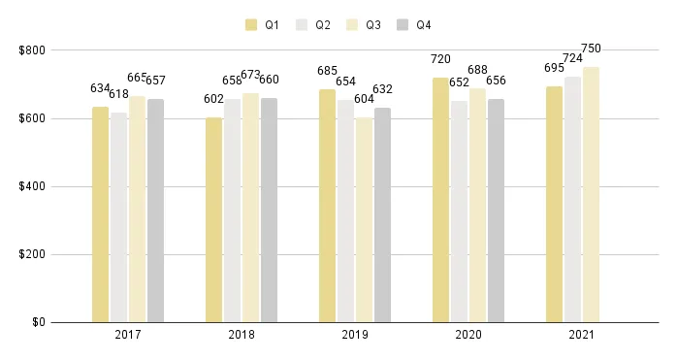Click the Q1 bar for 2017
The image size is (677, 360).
[100, 214]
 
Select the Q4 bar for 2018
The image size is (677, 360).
[269, 210]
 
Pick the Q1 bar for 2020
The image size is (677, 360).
[440, 200]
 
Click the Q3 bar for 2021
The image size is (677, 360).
[591, 194]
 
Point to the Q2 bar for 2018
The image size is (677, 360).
[232, 211]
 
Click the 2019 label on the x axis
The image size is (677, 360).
[354, 335]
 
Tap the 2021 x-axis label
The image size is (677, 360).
[581, 335]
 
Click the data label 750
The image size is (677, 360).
[591, 48]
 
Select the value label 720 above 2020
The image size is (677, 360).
[441, 59]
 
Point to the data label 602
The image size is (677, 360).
[212, 99]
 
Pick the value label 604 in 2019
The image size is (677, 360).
[365, 99]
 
